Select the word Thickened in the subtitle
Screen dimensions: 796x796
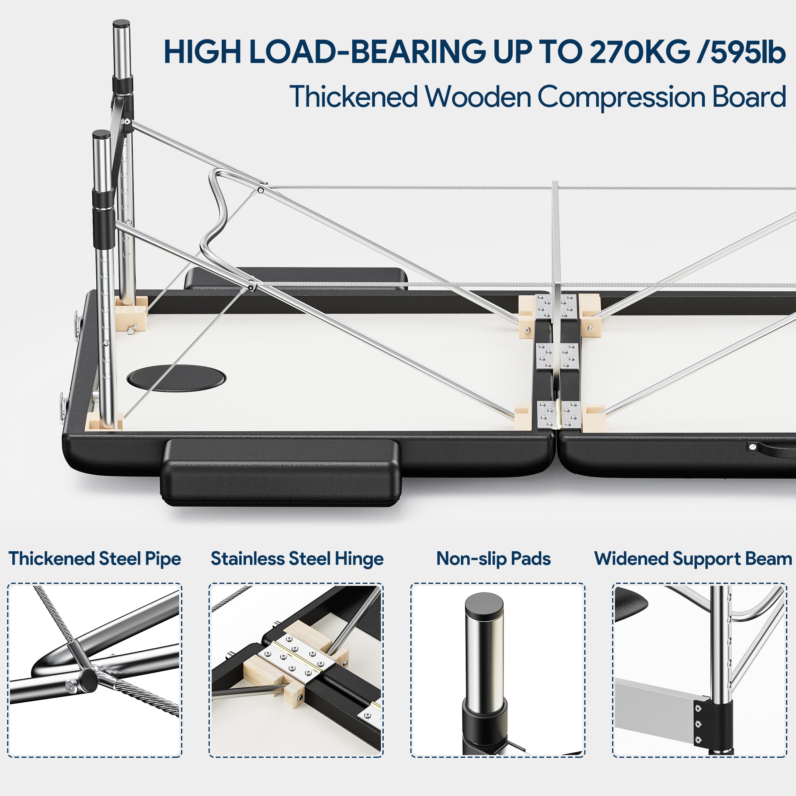coord(354,97)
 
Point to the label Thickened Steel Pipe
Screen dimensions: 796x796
coord(95,559)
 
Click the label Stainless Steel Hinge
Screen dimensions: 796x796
coord(297,559)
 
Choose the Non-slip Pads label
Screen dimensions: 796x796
coord(494,559)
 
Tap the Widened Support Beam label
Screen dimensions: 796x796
coord(693,559)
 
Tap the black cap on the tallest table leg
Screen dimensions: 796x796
coord(121,23)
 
